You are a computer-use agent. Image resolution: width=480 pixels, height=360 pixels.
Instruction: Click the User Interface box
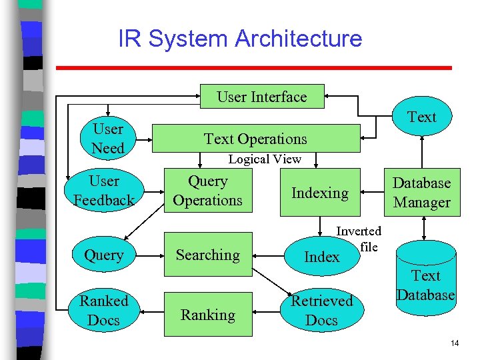tap(262, 97)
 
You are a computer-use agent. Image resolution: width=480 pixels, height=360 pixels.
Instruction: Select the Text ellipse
tap(421, 117)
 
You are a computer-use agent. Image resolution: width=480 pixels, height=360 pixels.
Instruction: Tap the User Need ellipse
tap(108, 139)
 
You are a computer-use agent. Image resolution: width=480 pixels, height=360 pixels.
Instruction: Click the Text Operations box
tap(256, 139)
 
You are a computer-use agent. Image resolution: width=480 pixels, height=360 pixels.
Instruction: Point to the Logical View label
tap(265, 159)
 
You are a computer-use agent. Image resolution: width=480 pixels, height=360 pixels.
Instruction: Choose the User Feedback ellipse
tap(104, 191)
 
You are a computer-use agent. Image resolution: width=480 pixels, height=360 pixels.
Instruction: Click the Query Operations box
tap(208, 191)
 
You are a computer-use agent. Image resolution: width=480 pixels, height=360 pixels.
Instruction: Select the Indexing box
tap(320, 193)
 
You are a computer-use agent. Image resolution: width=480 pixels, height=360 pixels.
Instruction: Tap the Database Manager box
tap(421, 193)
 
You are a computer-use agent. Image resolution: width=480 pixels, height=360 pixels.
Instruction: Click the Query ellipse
tap(104, 255)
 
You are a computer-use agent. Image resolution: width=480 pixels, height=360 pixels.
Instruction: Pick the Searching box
tap(208, 255)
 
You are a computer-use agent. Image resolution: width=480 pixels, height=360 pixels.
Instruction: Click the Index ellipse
tap(322, 257)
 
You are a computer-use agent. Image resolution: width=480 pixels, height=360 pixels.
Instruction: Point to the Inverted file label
tap(359, 239)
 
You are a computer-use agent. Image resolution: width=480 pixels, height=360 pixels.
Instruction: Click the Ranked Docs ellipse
tap(104, 311)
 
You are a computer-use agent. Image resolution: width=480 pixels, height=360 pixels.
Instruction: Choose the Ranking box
tap(208, 315)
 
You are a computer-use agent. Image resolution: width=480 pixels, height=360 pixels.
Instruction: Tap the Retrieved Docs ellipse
tap(321, 311)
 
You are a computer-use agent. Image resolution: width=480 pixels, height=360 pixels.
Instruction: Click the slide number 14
tap(455, 343)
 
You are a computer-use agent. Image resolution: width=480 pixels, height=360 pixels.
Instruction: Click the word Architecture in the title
tap(298, 39)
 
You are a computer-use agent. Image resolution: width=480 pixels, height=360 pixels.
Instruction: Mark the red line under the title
tap(253, 68)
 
